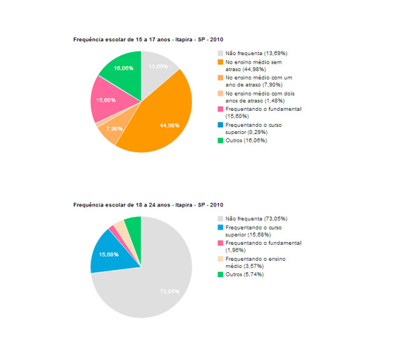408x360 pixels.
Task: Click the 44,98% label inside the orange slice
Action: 169,126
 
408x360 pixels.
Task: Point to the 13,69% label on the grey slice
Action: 158,67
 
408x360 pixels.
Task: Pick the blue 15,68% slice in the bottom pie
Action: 112,254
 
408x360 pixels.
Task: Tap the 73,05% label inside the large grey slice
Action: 169,292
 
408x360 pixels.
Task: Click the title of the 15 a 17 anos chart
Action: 149,40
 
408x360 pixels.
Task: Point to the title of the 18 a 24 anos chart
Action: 149,205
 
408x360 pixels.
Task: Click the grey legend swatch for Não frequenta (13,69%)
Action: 220,53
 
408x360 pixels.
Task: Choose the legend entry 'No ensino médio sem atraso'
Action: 254,66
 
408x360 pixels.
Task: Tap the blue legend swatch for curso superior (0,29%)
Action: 220,125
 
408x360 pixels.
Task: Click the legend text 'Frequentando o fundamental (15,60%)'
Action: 264,112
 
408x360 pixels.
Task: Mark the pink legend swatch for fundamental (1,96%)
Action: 220,243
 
